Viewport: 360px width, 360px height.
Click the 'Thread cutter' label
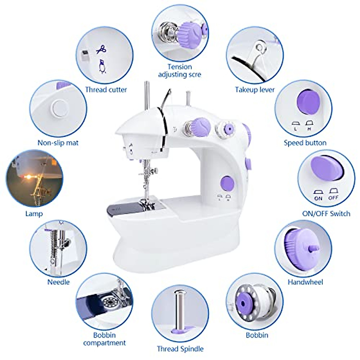(106, 89)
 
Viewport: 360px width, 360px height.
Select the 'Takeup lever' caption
(255, 89)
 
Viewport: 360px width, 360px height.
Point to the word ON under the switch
(318, 198)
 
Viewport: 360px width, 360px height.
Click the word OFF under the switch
(333, 198)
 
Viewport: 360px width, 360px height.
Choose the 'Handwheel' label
(305, 282)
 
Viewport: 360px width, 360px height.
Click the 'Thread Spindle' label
(180, 349)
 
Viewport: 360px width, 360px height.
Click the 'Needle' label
(58, 282)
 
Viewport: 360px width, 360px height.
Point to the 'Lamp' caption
(34, 214)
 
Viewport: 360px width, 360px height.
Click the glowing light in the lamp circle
(28, 177)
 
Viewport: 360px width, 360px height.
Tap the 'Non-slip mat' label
(58, 143)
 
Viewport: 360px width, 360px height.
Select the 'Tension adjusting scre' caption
(180, 70)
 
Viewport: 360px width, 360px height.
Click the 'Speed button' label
(305, 143)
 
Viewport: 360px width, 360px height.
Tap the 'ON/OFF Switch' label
(326, 214)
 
